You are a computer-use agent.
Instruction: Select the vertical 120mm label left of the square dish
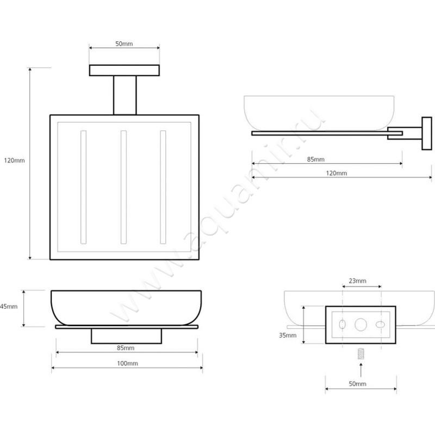[13, 160]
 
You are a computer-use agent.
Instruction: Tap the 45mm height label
[9, 307]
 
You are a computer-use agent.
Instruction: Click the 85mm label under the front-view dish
[126, 347]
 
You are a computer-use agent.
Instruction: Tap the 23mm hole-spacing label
[357, 281]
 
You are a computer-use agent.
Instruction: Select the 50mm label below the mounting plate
[357, 384]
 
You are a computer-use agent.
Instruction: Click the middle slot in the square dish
[123, 187]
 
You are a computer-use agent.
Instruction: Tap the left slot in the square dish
[83, 187]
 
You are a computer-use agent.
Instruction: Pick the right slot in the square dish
[163, 187]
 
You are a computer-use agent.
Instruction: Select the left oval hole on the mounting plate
[342, 325]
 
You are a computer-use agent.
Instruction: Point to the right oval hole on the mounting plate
[380, 325]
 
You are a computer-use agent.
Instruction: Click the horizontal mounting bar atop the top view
[125, 71]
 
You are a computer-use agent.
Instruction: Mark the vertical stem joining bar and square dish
[125, 95]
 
